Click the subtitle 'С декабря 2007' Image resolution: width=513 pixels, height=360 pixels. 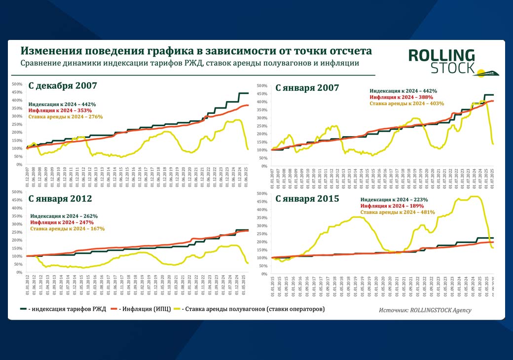63,85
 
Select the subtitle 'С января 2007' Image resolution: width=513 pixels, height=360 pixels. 307,88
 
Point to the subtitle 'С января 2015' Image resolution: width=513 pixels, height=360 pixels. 307,199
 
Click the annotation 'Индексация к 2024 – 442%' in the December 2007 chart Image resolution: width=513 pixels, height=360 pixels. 62,105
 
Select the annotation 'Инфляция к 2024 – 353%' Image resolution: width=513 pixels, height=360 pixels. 60,110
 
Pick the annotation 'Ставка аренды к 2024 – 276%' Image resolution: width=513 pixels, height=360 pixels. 65,117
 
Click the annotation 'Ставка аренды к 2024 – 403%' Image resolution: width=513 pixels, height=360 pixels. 407,104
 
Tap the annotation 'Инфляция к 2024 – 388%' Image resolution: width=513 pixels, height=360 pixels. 402,97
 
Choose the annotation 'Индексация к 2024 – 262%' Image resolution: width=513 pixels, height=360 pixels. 64,216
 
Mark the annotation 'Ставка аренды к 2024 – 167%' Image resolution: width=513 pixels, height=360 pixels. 67,229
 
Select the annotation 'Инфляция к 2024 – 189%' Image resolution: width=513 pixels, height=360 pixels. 392,206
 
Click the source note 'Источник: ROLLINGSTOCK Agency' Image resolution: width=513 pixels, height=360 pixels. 425,310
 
